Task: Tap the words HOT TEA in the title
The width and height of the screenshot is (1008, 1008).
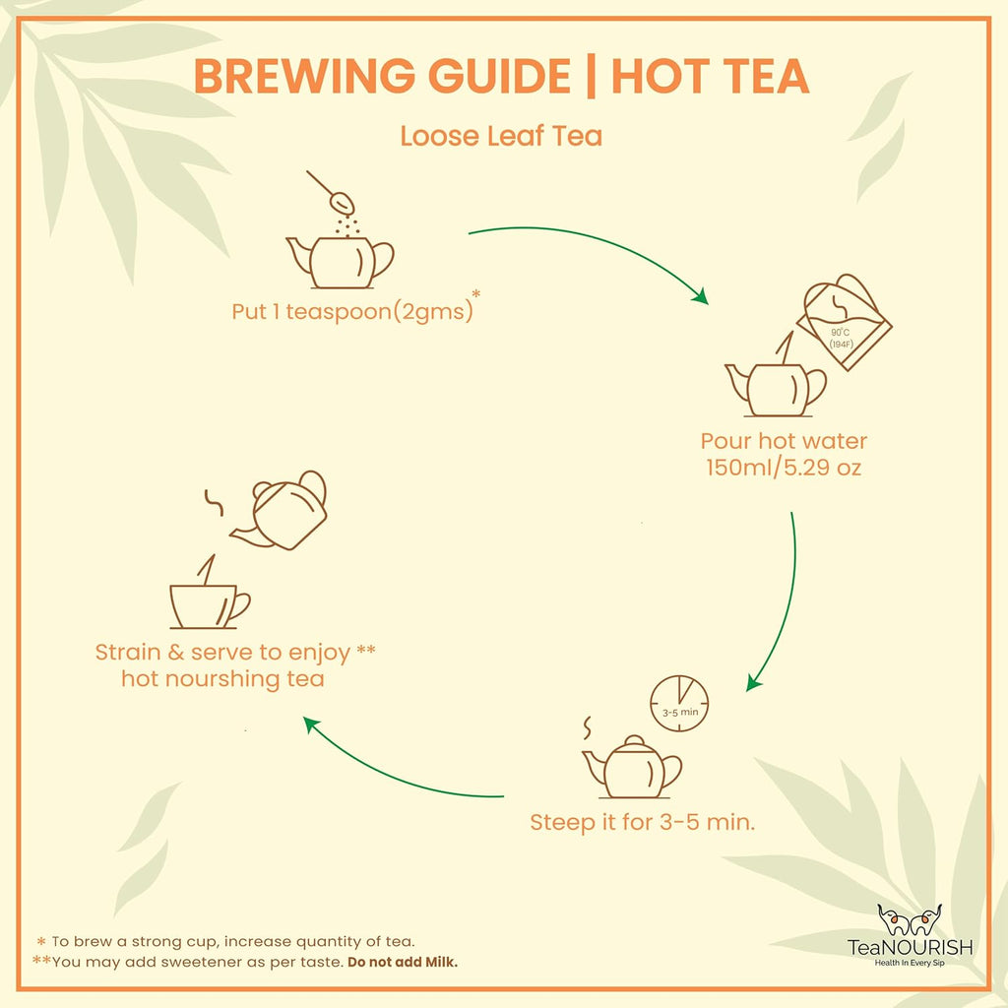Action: (710, 76)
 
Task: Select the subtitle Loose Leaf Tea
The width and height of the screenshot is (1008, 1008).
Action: (500, 136)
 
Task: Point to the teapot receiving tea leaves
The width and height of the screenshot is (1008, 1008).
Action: (340, 261)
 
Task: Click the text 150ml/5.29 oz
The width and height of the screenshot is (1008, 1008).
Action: (784, 468)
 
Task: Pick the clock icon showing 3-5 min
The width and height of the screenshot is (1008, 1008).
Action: (679, 703)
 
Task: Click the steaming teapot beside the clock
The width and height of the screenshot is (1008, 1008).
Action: (632, 767)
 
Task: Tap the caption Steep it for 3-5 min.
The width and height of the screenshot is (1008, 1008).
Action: (642, 821)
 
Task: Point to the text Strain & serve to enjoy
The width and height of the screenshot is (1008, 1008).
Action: (223, 652)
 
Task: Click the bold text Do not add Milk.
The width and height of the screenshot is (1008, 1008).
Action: (402, 962)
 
